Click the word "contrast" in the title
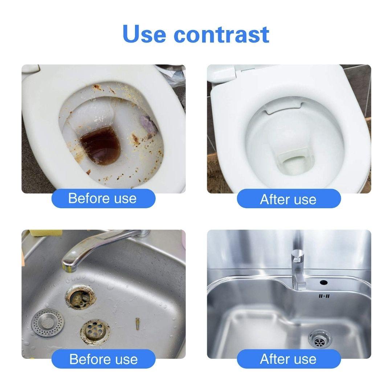click(x=221, y=34)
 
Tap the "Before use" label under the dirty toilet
click(x=103, y=198)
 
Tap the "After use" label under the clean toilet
click(x=289, y=199)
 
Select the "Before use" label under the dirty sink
click(x=103, y=359)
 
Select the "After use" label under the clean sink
click(x=289, y=359)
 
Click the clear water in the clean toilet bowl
click(x=294, y=164)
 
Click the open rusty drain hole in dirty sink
click(x=81, y=297)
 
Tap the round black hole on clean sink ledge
click(x=324, y=283)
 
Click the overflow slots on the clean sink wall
click(x=324, y=296)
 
